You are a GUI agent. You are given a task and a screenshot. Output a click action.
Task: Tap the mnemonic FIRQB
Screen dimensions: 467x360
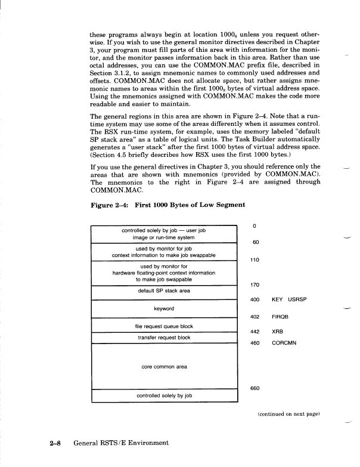point(280,316)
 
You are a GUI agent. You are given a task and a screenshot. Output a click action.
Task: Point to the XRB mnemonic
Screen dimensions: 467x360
point(277,330)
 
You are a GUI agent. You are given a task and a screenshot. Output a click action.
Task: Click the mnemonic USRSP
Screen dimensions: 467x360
point(296,299)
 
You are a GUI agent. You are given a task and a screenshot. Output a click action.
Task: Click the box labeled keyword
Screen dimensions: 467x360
point(163,309)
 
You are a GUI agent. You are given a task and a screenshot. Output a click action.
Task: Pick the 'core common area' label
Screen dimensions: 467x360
point(163,367)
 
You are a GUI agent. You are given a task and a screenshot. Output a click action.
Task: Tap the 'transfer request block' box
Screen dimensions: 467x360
point(163,337)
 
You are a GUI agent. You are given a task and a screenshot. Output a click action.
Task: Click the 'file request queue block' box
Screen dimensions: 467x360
point(163,326)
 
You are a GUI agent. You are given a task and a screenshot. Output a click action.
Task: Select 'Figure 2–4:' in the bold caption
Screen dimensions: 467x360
point(107,206)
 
